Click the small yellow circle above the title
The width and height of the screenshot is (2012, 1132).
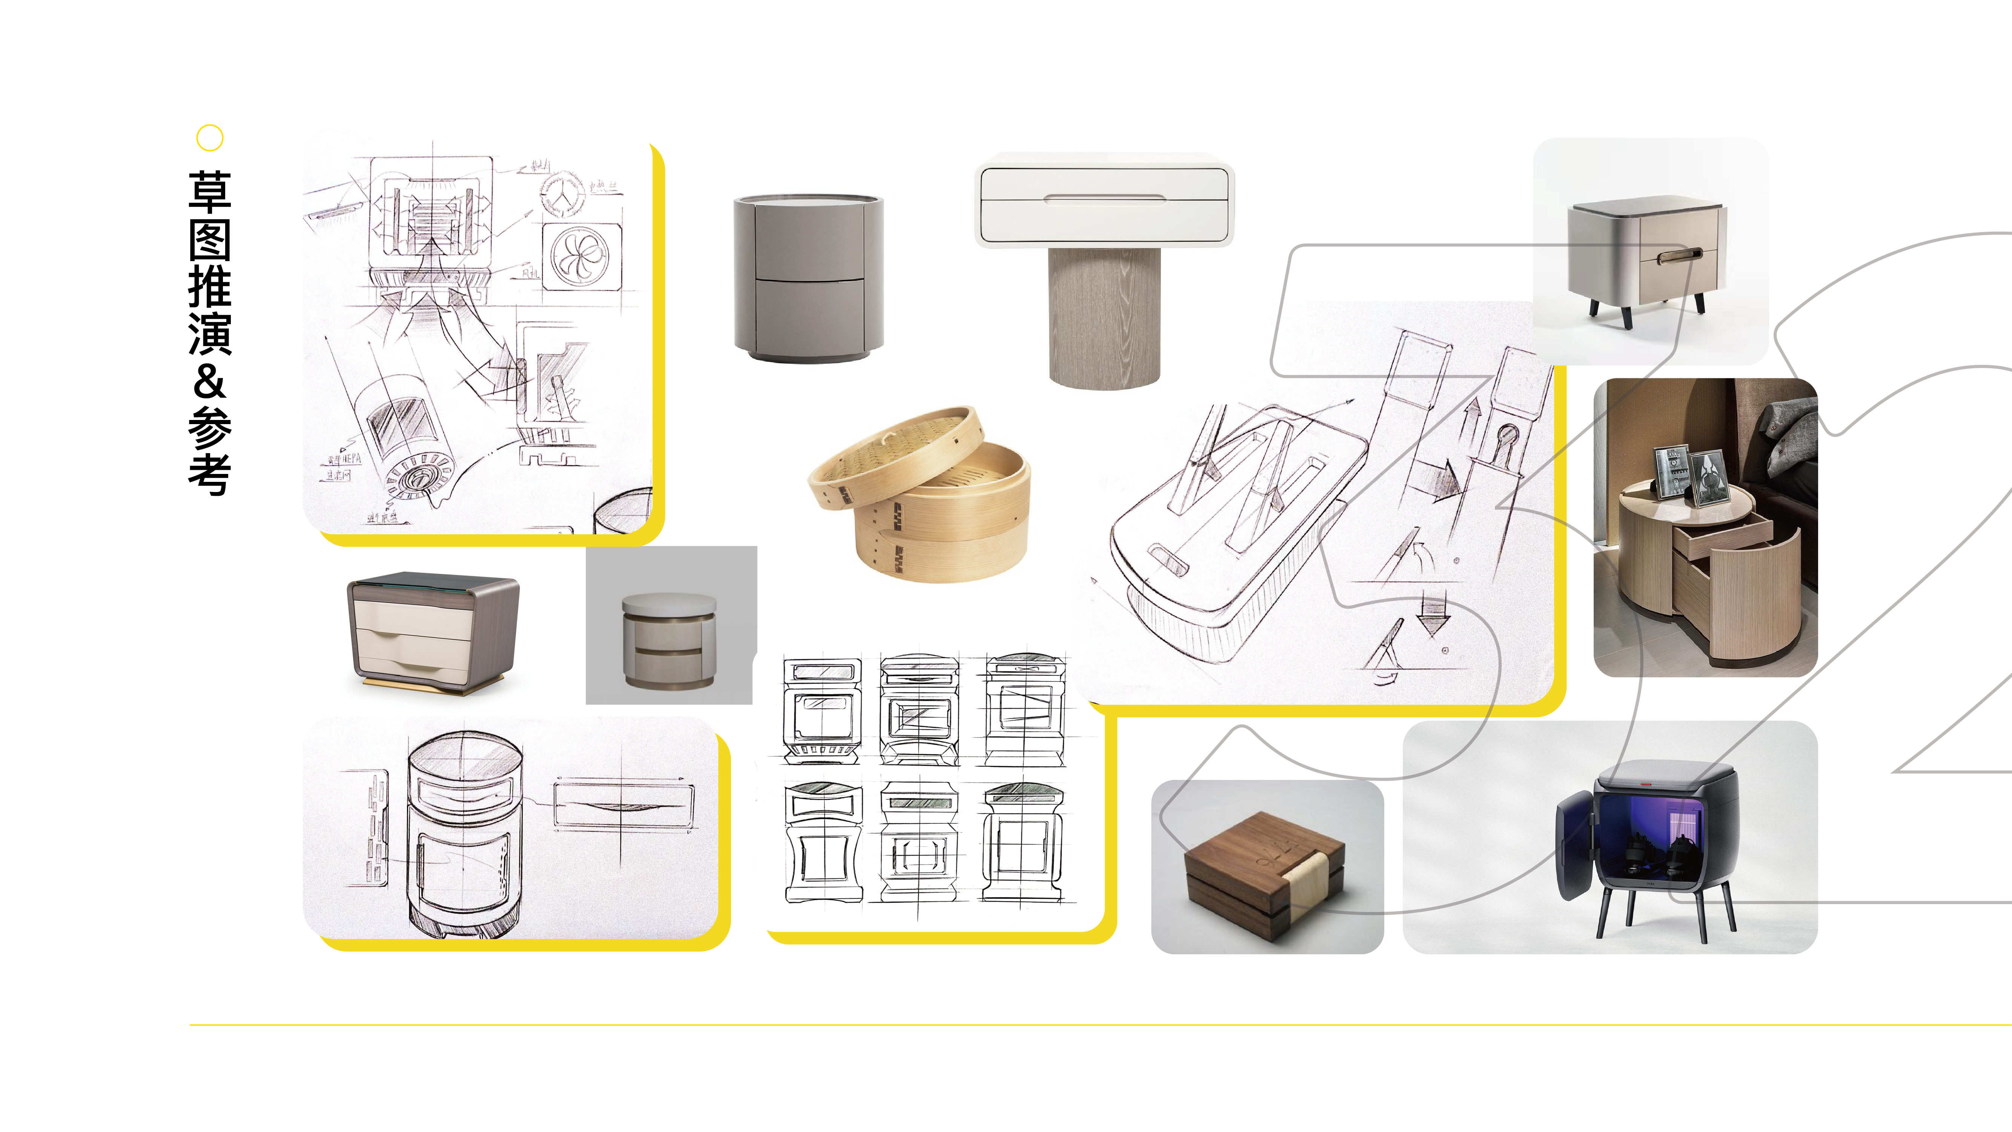(209, 137)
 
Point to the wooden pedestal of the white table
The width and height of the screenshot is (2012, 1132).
(1104, 317)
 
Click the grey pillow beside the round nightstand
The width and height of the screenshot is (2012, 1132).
(1789, 430)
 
